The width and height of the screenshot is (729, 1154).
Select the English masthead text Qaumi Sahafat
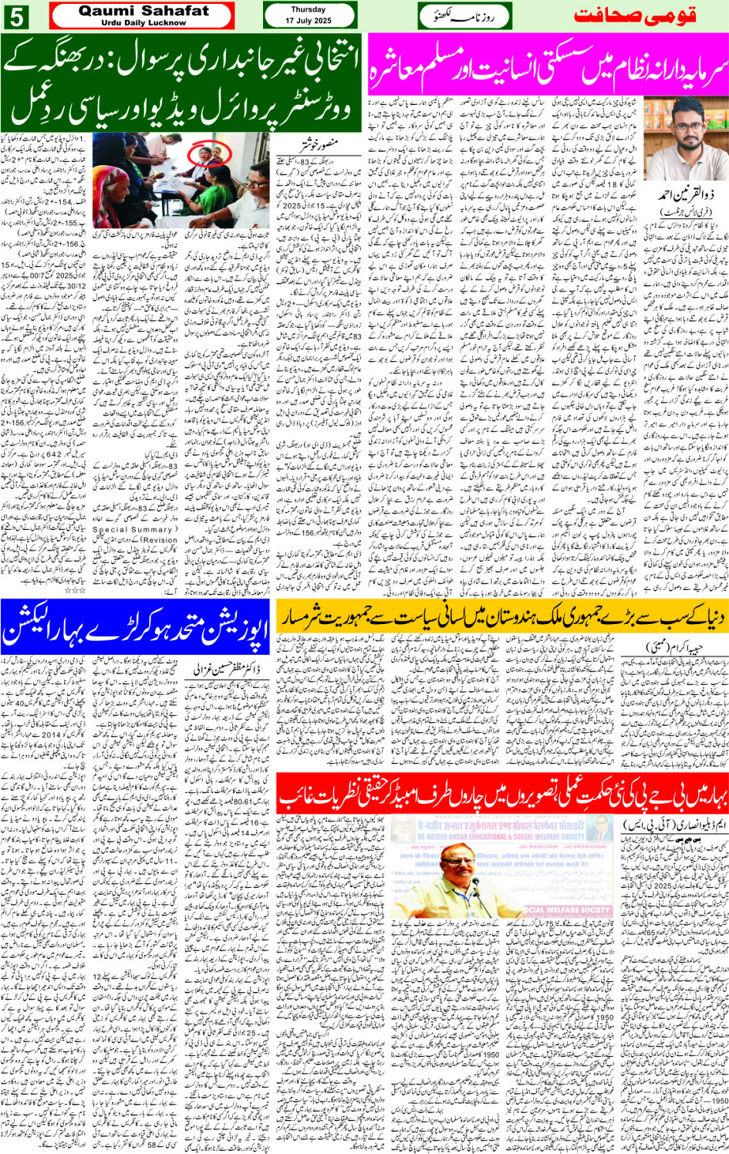click(x=143, y=11)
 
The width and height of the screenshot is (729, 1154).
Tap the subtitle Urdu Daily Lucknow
click(x=143, y=22)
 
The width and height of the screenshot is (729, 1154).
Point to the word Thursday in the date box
click(x=309, y=10)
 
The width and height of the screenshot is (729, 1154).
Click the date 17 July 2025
click(x=309, y=20)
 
